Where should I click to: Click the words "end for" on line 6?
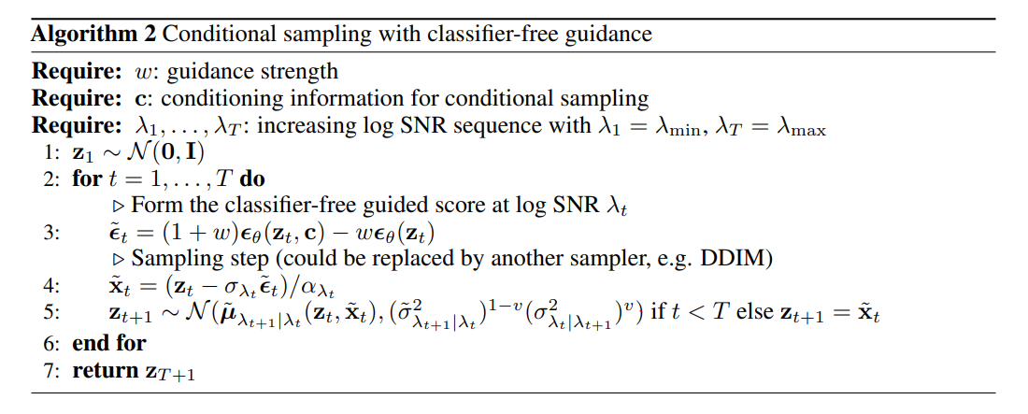coord(109,343)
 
